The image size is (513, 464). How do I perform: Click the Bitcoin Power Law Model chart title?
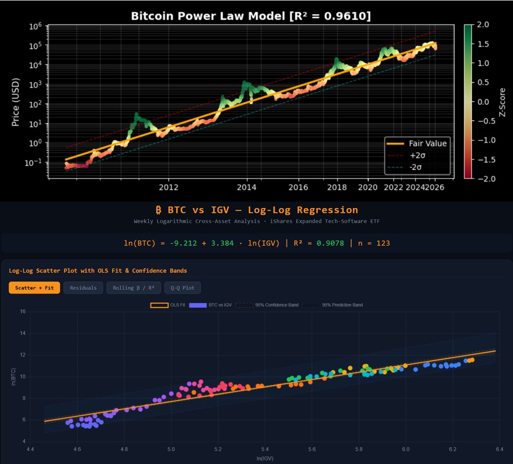250,16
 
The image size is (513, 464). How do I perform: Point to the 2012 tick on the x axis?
168,187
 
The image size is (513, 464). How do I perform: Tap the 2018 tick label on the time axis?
337,187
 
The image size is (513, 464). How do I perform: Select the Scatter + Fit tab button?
34,288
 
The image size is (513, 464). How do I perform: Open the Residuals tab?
83,288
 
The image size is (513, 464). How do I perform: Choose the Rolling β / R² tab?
134,288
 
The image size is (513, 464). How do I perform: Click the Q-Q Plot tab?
182,288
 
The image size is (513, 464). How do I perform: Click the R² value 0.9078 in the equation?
330,243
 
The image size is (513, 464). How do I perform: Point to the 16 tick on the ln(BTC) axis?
22,312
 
